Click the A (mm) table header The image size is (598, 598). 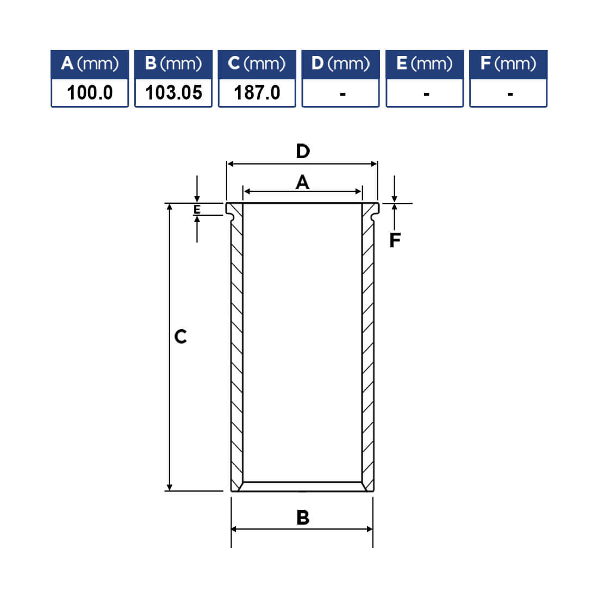[x=90, y=64]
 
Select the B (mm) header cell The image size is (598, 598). [x=173, y=64]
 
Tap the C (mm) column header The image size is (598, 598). [x=257, y=64]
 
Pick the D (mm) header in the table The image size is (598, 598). [x=340, y=64]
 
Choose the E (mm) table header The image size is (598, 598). [x=425, y=64]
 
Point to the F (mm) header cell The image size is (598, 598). [x=508, y=64]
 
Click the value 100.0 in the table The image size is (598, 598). [x=90, y=92]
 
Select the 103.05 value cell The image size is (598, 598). [x=173, y=92]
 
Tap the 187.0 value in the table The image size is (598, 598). [x=257, y=92]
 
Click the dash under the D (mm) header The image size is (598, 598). [x=343, y=94]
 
